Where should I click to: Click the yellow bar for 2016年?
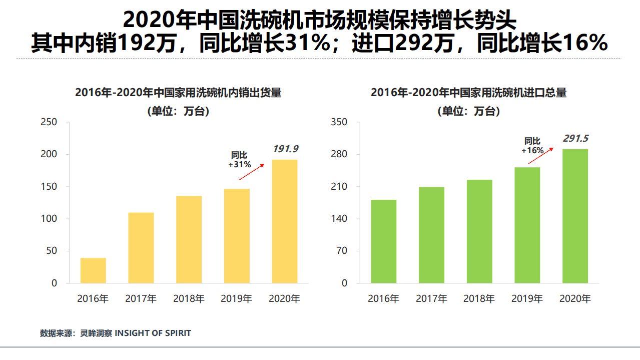93,270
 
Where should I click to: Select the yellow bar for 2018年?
189,239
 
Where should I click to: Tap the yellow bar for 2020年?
284,221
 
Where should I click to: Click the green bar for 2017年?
431,235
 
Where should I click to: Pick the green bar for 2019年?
527,225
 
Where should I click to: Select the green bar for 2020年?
575,216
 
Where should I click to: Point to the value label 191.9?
285,149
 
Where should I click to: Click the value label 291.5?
576,138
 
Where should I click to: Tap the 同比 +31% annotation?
239,160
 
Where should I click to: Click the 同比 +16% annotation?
532,146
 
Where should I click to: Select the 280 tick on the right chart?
339,154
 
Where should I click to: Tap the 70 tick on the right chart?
341,251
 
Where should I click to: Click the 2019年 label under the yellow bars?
236,299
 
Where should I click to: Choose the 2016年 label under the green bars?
383,299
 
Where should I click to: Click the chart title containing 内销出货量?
178,93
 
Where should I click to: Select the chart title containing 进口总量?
469,93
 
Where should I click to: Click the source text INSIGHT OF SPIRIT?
153,333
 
